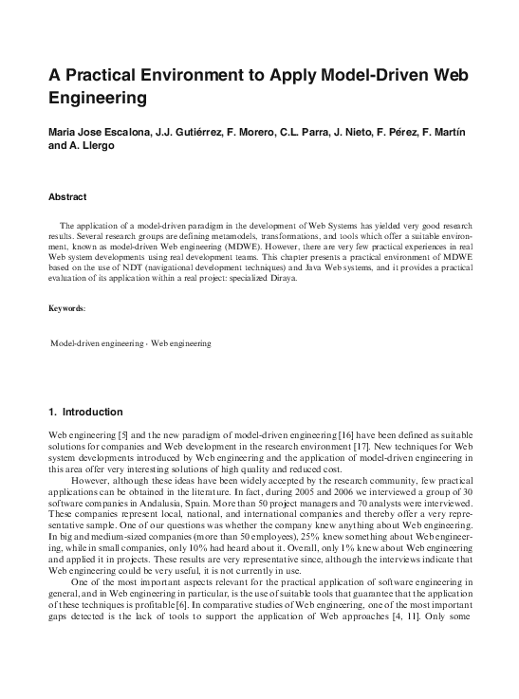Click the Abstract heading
pyautogui.click(x=67, y=197)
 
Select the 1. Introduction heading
pyautogui.click(x=85, y=413)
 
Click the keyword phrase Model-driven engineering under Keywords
pyautogui.click(x=91, y=342)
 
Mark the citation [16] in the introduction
pyautogui.click(x=348, y=432)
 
